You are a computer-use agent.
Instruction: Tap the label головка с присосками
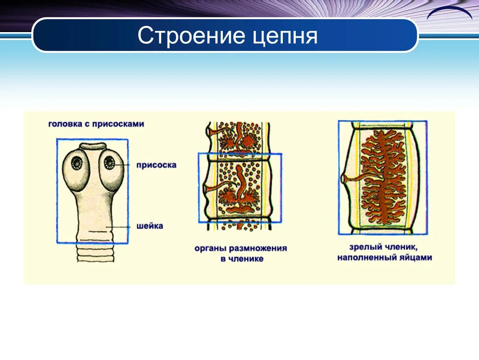click(x=96, y=124)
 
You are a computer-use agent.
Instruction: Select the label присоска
click(x=156, y=165)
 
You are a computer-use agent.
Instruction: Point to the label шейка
click(x=150, y=226)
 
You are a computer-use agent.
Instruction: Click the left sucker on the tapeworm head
click(x=77, y=162)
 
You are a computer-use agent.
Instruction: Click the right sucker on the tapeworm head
click(x=110, y=162)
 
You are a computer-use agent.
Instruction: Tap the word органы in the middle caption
click(x=211, y=248)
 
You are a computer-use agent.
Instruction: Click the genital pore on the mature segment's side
click(x=344, y=179)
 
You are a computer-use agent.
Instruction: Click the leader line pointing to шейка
click(x=121, y=227)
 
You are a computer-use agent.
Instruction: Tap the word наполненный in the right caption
click(x=365, y=257)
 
